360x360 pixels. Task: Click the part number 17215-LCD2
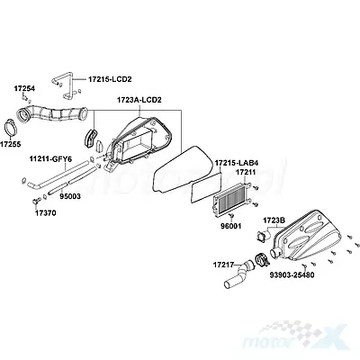(110, 79)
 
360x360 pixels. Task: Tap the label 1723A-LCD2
(139, 100)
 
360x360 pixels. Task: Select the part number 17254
(24, 88)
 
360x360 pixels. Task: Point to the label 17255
(10, 144)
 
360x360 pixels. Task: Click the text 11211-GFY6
(50, 159)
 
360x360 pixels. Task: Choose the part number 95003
(70, 196)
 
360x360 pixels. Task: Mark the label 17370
(46, 213)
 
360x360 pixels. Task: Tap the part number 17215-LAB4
(237, 163)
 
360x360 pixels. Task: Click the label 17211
(246, 172)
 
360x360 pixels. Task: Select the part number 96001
(230, 226)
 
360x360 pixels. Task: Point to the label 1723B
(274, 220)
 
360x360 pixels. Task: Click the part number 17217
(224, 265)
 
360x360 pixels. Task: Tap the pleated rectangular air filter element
(230, 199)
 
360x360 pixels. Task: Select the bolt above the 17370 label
(36, 201)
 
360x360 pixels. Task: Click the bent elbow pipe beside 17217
(239, 275)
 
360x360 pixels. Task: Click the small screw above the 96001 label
(231, 215)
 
